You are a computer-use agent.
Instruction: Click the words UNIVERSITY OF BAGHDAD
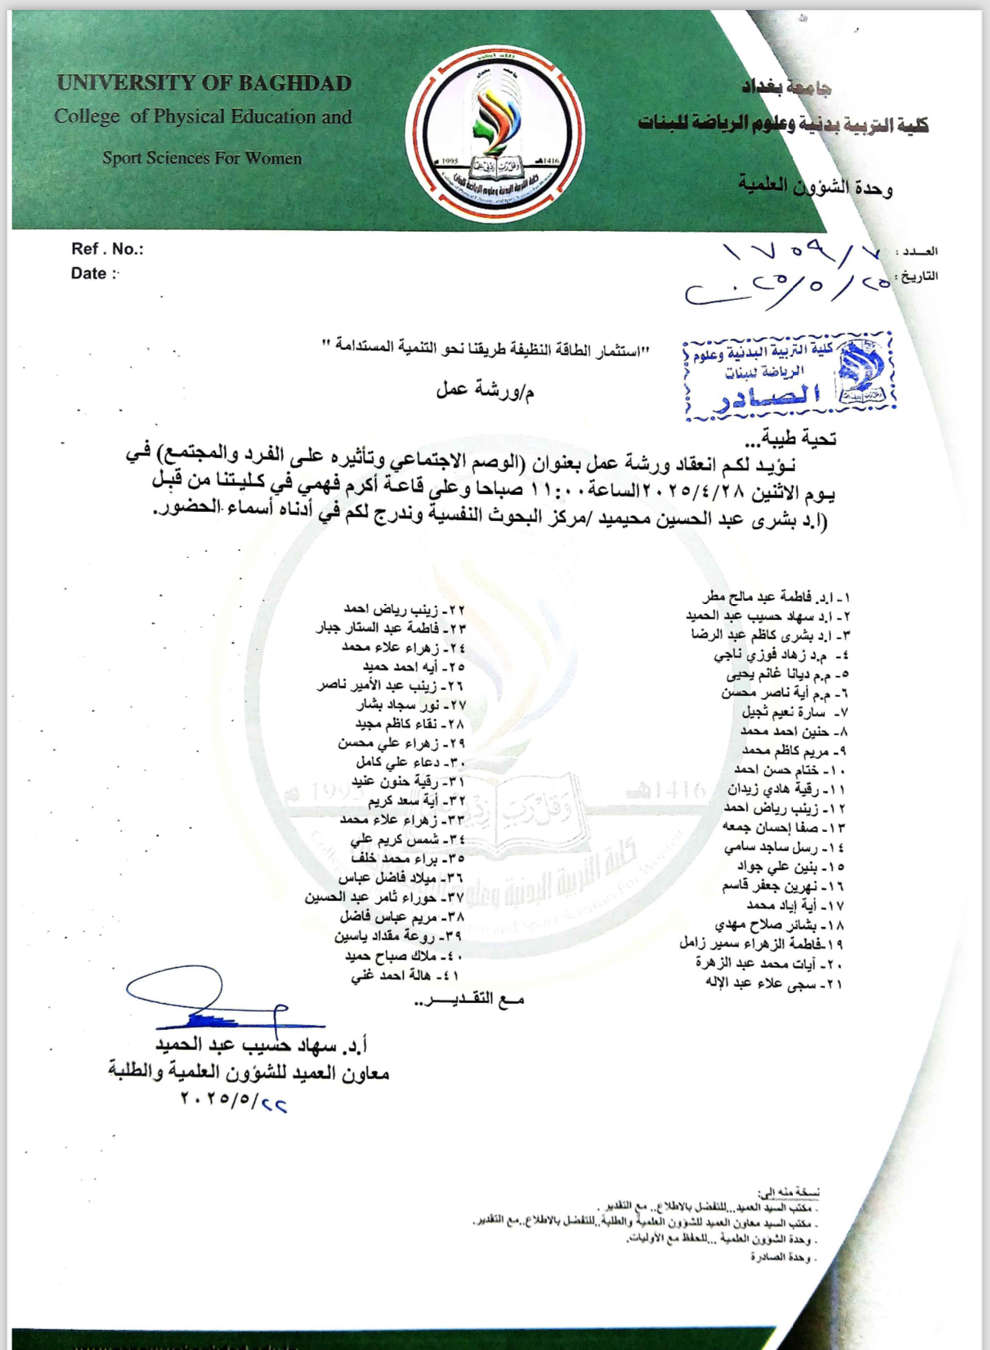pyautogui.click(x=204, y=83)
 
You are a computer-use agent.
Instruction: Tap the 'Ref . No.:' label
pyautogui.click(x=107, y=249)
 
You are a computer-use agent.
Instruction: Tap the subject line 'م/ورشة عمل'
pyautogui.click(x=485, y=391)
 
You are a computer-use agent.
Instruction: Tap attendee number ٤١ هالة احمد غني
pyautogui.click(x=408, y=976)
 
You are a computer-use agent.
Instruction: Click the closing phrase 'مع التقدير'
pyautogui.click(x=470, y=1000)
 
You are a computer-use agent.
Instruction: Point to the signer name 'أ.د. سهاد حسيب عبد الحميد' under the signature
pyautogui.click(x=261, y=1045)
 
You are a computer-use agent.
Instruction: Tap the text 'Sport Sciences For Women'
pyautogui.click(x=203, y=158)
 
